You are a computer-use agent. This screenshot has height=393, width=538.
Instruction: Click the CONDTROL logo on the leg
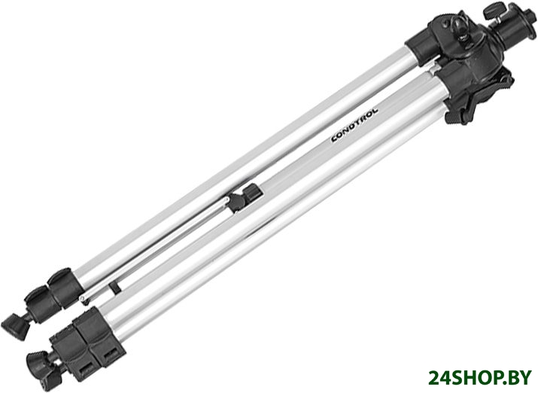pos(354,125)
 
